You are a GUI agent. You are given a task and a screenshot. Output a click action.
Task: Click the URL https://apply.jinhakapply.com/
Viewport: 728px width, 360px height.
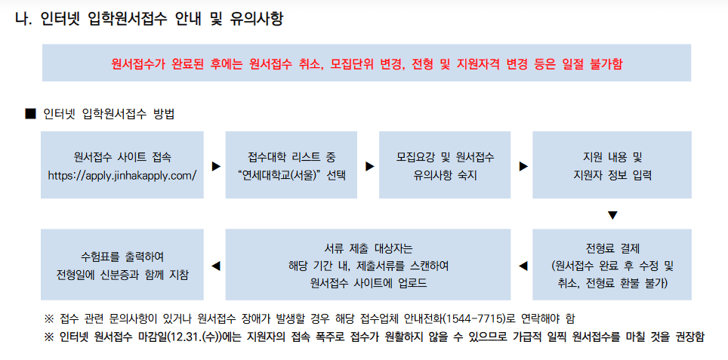[122, 175]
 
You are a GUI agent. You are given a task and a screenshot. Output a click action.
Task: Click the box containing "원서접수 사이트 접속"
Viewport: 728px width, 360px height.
[122, 165]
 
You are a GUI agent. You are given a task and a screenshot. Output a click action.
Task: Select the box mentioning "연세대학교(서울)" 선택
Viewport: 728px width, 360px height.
[291, 165]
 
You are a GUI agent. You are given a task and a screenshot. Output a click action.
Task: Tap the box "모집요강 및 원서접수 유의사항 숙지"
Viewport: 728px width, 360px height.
[445, 165]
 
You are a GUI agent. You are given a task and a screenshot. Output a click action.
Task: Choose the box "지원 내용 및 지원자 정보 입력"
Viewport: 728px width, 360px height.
[612, 165]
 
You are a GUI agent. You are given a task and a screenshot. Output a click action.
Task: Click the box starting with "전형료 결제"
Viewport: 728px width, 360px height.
[612, 265]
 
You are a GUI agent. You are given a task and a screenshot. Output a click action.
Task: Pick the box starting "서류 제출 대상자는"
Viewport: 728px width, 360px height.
[368, 265]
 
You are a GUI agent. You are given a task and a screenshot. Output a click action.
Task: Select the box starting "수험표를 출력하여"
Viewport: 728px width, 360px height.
[122, 265]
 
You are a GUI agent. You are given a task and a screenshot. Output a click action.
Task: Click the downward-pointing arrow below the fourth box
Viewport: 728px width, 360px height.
[612, 215]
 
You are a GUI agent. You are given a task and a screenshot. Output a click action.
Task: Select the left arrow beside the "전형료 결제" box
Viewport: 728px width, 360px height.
[523, 266]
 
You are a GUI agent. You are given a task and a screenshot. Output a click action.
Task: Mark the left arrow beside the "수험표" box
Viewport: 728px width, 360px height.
[215, 266]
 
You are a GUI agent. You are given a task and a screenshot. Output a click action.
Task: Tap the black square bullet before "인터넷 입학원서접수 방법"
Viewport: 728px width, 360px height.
[31, 114]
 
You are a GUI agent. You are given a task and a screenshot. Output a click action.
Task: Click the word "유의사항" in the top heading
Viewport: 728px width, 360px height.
[256, 19]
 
